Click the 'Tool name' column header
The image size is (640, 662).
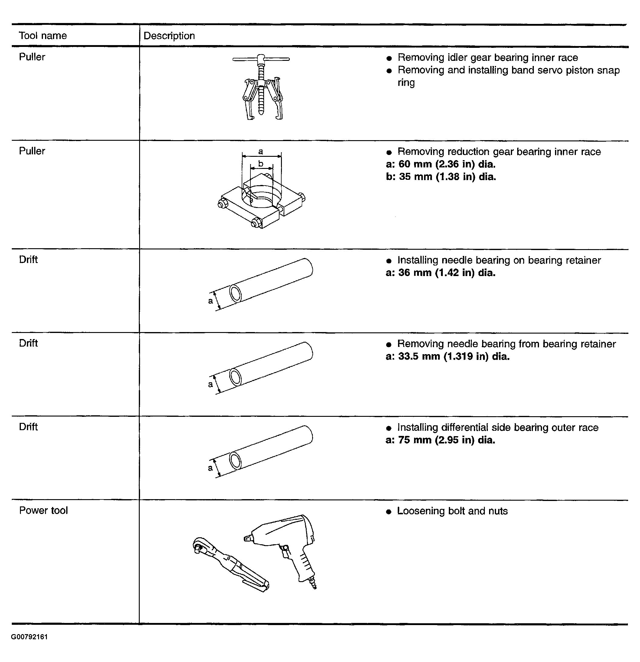[43, 35]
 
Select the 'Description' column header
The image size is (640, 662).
[169, 36]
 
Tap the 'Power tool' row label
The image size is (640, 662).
[43, 510]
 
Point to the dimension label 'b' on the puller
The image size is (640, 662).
[261, 164]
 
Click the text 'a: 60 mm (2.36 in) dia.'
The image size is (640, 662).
[440, 164]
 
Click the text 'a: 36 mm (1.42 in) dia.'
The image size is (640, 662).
[440, 272]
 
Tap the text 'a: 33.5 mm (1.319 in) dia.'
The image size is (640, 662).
[447, 356]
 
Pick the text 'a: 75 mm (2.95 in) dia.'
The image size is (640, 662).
[440, 440]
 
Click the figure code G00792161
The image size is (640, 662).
[29, 637]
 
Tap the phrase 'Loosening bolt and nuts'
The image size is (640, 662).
[452, 511]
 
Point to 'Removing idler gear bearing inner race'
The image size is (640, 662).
[488, 58]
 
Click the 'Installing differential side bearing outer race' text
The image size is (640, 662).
[498, 427]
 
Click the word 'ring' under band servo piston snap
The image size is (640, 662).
[406, 82]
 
